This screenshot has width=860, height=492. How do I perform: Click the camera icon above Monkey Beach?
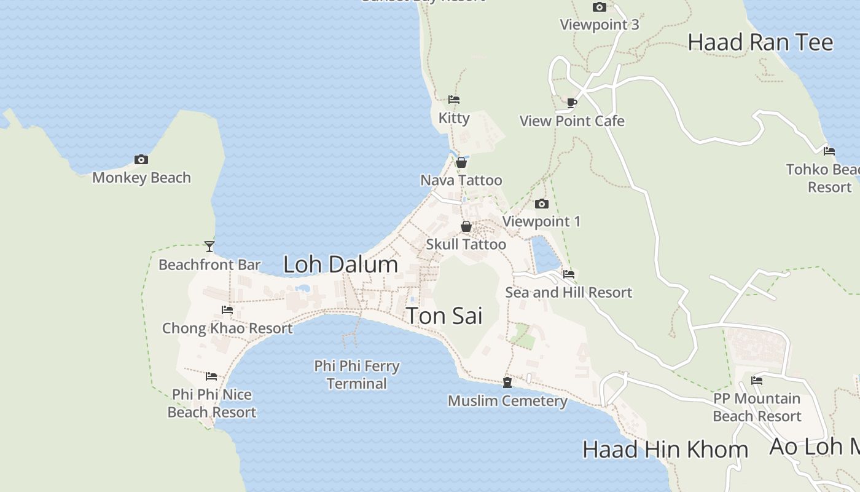coord(141,160)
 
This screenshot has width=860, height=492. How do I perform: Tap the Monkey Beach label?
coord(141,178)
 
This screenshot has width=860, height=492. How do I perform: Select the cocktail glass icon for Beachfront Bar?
coord(209,247)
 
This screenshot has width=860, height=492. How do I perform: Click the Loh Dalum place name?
coord(340,264)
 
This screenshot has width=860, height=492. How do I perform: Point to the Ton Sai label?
coord(444,316)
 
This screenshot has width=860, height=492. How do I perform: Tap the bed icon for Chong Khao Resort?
coord(227,310)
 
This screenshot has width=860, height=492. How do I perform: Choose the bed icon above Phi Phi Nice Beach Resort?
coord(211,376)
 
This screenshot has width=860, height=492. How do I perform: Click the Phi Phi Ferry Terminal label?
coord(357,375)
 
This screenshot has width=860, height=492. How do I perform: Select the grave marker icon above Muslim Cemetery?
coord(507,383)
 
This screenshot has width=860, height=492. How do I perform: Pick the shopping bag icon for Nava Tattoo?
coord(461,162)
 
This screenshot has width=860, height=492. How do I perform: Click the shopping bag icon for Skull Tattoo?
coord(466,226)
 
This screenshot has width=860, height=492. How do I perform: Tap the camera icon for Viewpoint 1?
coord(541,204)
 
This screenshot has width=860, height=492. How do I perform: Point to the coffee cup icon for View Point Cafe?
coord(572,103)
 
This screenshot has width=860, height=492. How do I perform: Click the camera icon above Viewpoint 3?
coord(600,7)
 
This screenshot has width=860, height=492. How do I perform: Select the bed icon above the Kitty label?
coord(454,100)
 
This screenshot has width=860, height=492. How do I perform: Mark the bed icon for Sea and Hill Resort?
coord(569,274)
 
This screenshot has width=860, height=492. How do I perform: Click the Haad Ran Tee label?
coord(760,42)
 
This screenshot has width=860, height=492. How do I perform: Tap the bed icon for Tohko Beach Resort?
coord(829,151)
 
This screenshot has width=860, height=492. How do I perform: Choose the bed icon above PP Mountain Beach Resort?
coord(757,381)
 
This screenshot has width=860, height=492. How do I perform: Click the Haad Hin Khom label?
coord(665,450)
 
